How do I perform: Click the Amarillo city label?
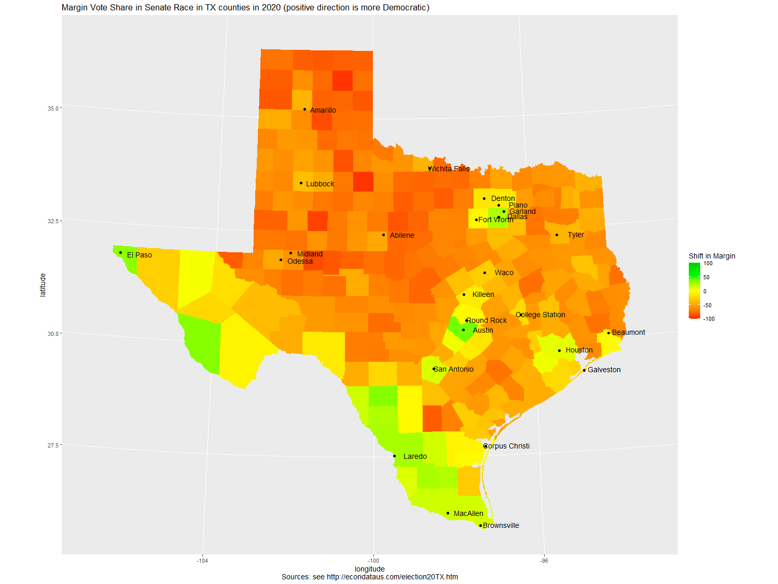tap(323, 110)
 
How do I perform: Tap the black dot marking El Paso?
tap(120, 253)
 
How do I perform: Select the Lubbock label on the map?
tap(319, 184)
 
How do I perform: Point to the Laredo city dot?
tap(395, 456)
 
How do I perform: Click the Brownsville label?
tap(501, 525)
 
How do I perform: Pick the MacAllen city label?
tap(468, 513)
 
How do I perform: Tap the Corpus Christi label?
tap(507, 446)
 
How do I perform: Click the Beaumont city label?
tap(628, 332)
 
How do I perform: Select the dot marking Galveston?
tap(584, 370)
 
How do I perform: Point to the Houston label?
tap(579, 350)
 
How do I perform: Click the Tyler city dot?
tap(557, 235)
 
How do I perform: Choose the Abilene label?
tap(402, 235)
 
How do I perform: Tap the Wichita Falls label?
tap(449, 169)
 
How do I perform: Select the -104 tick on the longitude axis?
tap(202, 561)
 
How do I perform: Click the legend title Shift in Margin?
tap(712, 256)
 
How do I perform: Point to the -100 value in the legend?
tap(708, 319)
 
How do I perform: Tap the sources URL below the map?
tap(392, 577)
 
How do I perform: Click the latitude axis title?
tap(43, 285)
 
